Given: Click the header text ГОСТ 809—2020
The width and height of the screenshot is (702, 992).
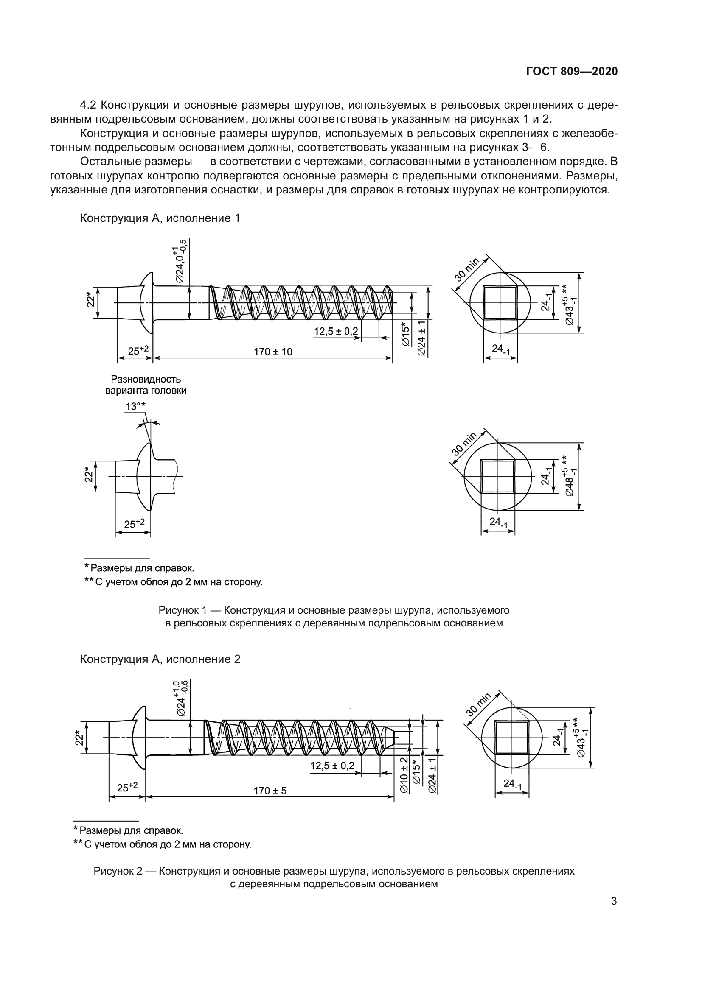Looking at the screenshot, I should click(571, 72).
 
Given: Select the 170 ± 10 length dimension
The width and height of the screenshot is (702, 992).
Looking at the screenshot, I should click(273, 352).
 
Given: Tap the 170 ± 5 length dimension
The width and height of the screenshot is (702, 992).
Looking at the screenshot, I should click(270, 791).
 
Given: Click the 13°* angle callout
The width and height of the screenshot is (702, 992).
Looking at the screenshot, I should click(135, 407).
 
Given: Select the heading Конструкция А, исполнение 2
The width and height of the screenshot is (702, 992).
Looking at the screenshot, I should click(160, 659).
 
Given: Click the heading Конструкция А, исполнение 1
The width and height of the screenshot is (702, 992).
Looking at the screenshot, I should click(160, 218).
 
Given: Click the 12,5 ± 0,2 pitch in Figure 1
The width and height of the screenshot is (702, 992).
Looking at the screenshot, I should click(336, 331).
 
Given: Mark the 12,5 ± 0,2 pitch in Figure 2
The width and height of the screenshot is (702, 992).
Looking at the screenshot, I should click(332, 766).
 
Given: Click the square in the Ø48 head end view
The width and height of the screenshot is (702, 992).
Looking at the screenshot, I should click(497, 476).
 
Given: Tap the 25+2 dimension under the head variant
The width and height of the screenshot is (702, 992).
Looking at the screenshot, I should click(134, 524).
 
